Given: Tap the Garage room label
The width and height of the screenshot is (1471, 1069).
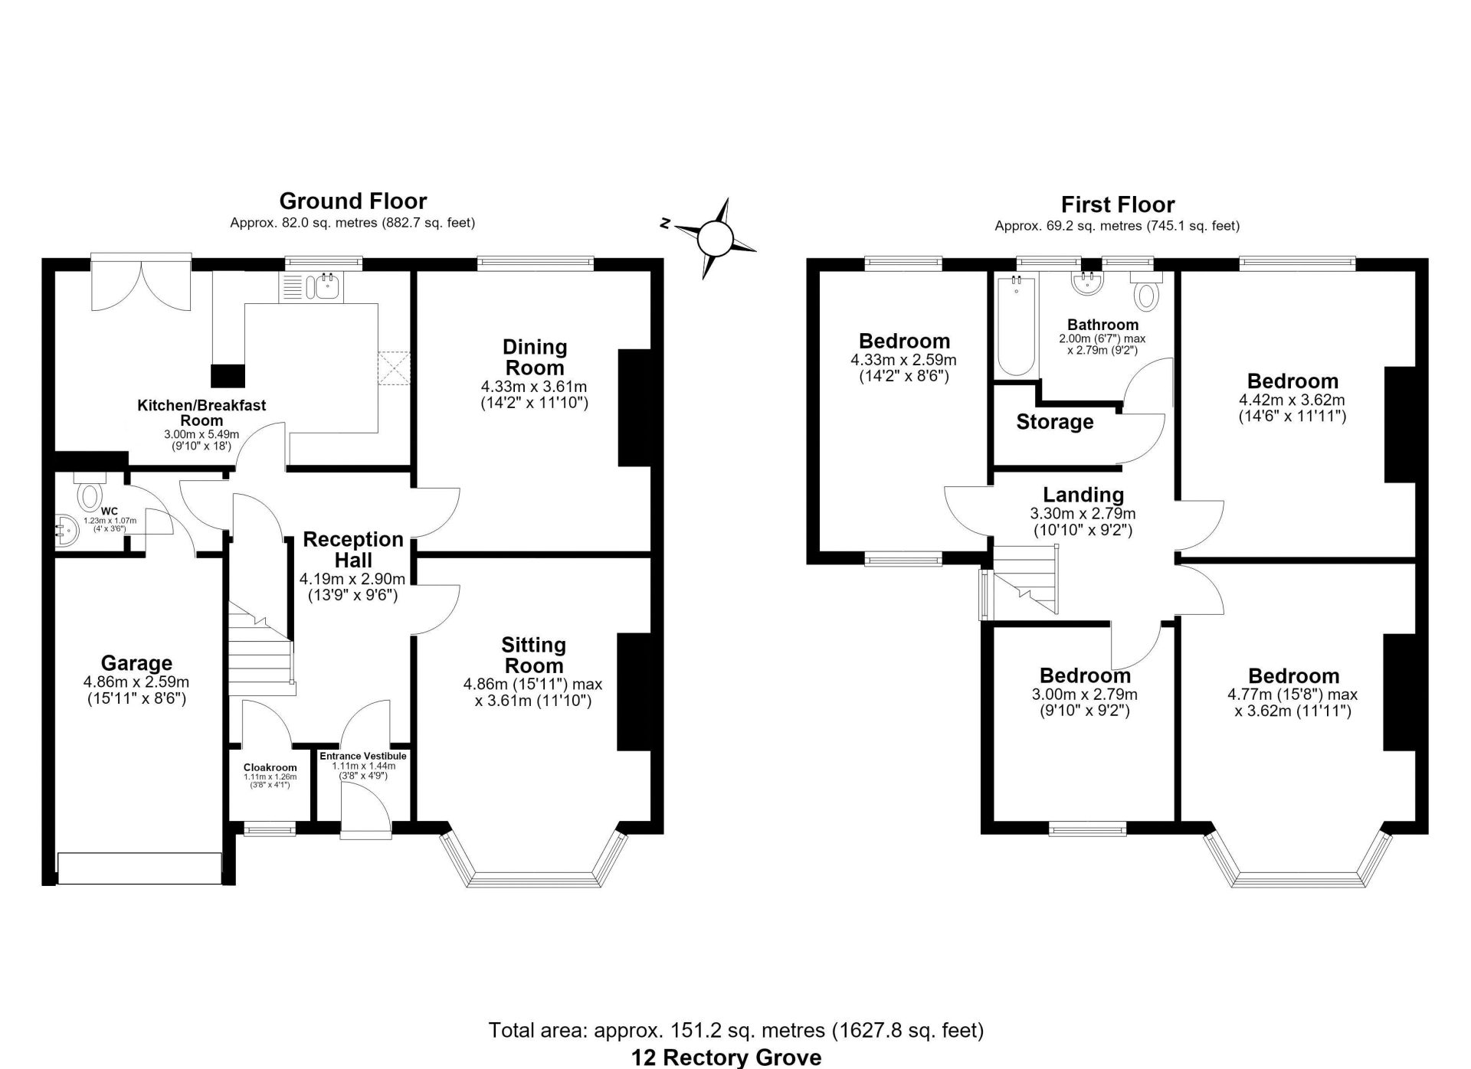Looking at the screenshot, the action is (x=136, y=663).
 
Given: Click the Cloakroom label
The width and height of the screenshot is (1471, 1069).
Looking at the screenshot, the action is (x=270, y=767).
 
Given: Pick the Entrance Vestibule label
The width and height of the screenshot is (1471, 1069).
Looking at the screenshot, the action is (x=363, y=756).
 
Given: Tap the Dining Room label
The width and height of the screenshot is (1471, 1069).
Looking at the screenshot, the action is (x=535, y=357).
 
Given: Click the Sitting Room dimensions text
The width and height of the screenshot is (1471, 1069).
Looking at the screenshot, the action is (x=533, y=692).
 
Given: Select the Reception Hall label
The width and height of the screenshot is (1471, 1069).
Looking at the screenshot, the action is (x=353, y=549).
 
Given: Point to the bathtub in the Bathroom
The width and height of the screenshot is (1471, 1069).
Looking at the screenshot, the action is (x=1016, y=326).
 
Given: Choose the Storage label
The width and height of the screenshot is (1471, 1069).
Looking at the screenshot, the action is (x=1055, y=422).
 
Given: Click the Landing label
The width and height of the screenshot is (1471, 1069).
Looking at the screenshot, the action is (x=1083, y=495).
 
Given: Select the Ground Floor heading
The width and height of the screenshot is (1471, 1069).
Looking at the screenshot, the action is (x=352, y=201).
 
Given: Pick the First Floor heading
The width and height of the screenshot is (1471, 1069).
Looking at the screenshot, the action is (x=1118, y=204).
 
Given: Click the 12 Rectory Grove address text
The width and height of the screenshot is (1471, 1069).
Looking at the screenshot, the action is (x=726, y=1058).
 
